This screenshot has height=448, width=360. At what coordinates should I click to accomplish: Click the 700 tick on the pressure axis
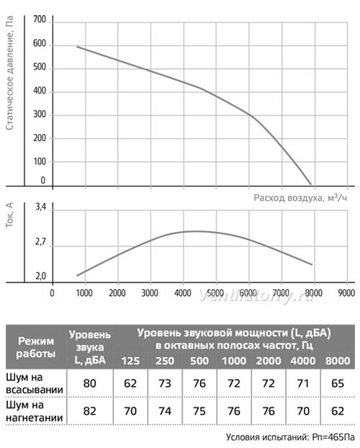[40, 19]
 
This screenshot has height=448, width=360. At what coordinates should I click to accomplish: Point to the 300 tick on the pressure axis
[40, 115]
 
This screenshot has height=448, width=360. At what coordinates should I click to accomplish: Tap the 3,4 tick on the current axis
[40, 207]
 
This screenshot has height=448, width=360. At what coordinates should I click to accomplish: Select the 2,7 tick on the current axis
[40, 242]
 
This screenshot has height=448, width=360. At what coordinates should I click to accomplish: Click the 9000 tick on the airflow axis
[346, 293]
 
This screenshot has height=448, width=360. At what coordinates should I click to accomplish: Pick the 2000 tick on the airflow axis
[117, 293]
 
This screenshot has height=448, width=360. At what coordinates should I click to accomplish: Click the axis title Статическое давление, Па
[9, 73]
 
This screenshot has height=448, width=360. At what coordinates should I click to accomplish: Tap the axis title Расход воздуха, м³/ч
[300, 197]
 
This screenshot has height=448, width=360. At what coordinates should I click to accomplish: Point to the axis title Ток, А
[9, 215]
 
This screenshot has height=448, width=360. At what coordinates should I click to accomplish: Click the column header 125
[130, 361]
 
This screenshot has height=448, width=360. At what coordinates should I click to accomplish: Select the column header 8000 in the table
[338, 361]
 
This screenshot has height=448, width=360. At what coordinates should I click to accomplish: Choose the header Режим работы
[36, 347]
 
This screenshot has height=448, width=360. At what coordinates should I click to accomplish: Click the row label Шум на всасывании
[35, 383]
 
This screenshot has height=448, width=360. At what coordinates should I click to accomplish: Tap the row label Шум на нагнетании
[35, 411]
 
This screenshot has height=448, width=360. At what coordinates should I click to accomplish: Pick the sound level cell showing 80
[90, 383]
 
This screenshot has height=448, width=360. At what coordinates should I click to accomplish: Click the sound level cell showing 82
[90, 411]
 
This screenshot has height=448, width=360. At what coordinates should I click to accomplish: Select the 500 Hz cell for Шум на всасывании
[199, 383]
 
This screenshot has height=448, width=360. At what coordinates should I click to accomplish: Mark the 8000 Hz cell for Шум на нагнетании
[338, 411]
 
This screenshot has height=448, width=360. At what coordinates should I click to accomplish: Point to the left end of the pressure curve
[77, 46]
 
